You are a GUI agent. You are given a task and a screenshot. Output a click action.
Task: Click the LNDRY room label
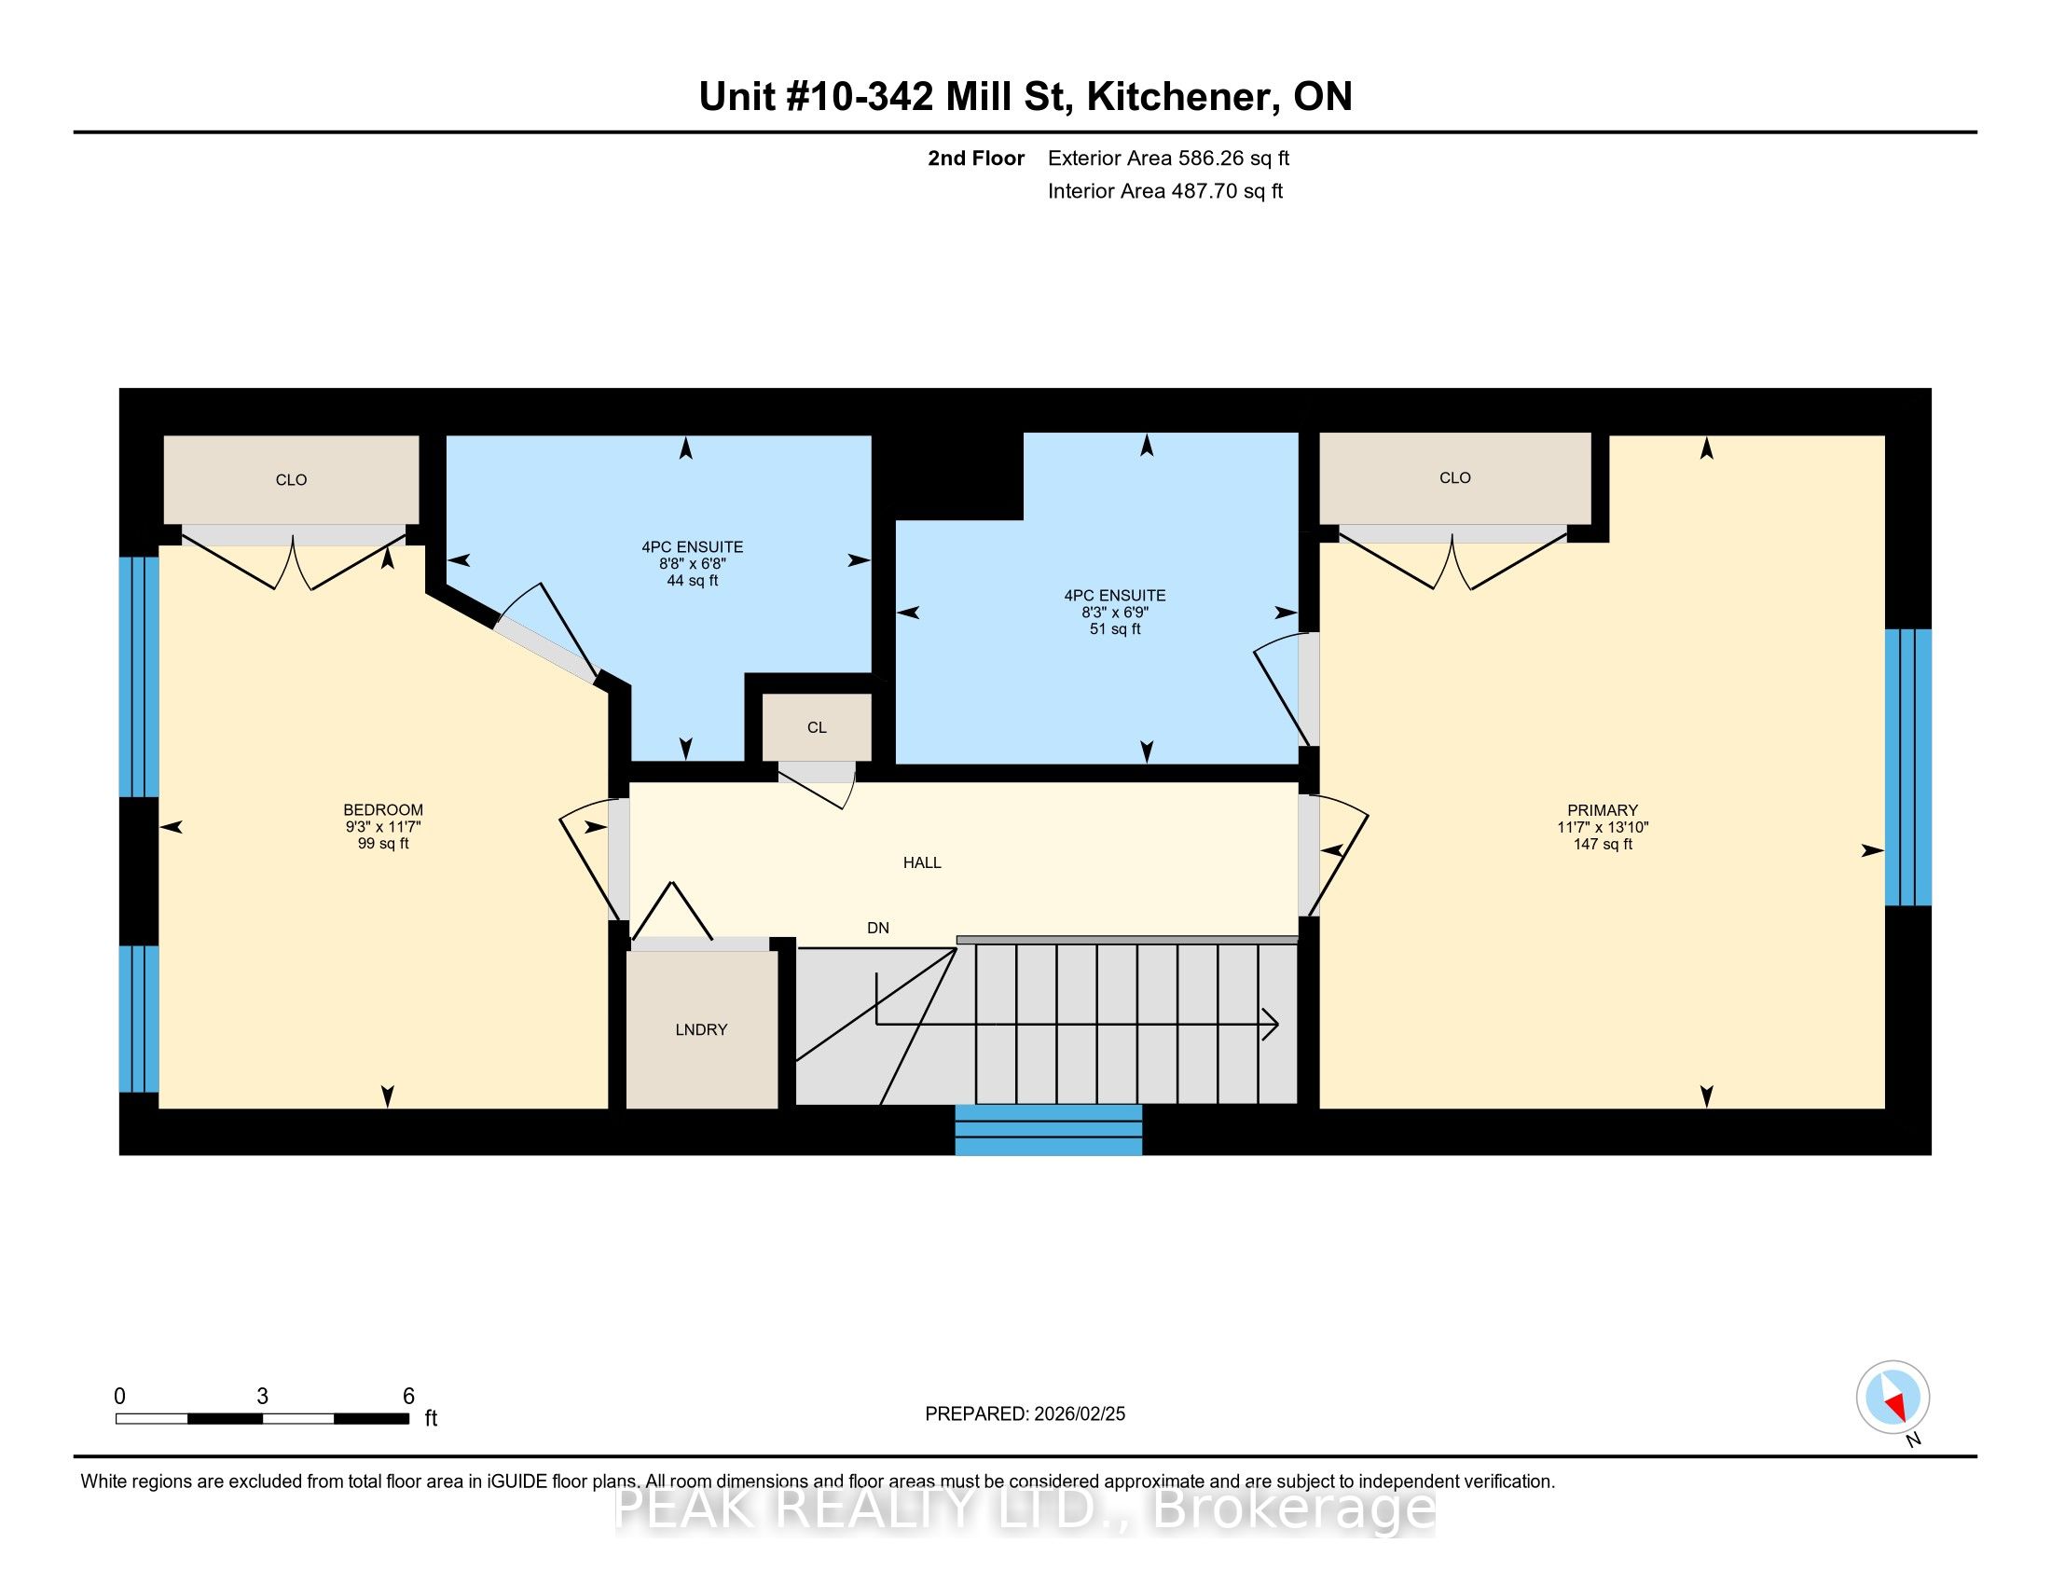click(700, 1029)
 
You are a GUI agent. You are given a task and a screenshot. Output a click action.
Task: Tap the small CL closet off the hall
click(817, 727)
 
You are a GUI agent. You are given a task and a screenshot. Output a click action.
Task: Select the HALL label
click(922, 862)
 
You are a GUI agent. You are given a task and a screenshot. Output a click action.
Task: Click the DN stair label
click(878, 928)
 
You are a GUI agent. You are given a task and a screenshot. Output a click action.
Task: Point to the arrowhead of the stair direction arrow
click(1271, 1025)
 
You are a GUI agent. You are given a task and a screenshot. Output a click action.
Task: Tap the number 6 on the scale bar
click(408, 1397)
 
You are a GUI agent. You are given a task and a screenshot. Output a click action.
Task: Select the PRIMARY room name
click(1602, 810)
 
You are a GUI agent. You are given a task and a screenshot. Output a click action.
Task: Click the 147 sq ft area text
click(1602, 844)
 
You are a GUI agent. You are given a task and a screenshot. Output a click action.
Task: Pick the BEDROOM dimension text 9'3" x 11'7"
click(383, 826)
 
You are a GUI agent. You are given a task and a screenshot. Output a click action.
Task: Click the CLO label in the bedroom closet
click(291, 480)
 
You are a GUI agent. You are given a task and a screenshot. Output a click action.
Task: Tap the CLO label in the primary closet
click(1454, 478)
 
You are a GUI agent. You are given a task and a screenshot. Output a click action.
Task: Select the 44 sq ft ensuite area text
click(692, 580)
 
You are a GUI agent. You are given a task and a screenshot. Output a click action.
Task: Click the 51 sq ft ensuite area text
click(1115, 629)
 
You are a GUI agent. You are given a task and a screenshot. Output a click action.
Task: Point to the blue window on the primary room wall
click(1908, 767)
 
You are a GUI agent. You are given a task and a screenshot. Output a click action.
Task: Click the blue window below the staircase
click(1049, 1130)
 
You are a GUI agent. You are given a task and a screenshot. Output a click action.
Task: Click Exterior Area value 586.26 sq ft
click(1233, 158)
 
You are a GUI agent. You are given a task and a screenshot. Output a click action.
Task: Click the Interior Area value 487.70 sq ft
click(1227, 190)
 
